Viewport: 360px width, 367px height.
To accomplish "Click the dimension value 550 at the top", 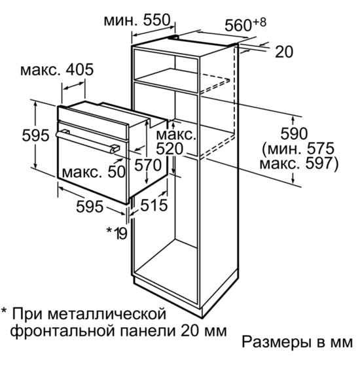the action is pyautogui.click(x=156, y=20).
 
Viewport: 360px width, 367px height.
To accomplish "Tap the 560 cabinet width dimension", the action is pyautogui.click(x=238, y=25).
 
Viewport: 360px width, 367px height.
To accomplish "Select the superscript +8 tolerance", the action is pyautogui.click(x=260, y=22).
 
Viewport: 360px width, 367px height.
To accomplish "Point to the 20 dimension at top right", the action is pyautogui.click(x=284, y=52).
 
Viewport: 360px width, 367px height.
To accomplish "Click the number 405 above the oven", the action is pyautogui.click(x=80, y=69).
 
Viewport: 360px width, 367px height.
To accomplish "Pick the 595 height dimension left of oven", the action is pyautogui.click(x=35, y=135).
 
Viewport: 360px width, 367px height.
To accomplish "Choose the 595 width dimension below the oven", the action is pyautogui.click(x=90, y=207).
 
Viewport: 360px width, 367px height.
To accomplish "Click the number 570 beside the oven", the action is pyautogui.click(x=148, y=165).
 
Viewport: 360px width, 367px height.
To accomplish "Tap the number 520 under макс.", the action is pyautogui.click(x=169, y=149).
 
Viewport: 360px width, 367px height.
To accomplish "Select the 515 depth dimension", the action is pyautogui.click(x=154, y=205).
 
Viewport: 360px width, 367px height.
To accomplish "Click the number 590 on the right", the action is pyautogui.click(x=294, y=133).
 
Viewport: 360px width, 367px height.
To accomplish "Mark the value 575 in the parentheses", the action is pyautogui.click(x=321, y=149).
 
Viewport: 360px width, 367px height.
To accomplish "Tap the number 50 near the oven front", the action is pyautogui.click(x=116, y=172).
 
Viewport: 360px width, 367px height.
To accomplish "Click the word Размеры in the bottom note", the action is pyautogui.click(x=277, y=342).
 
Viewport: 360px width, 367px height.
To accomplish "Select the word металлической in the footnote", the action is pyautogui.click(x=107, y=315).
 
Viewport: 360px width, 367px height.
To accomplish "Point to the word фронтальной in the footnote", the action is pyautogui.click(x=64, y=331).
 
